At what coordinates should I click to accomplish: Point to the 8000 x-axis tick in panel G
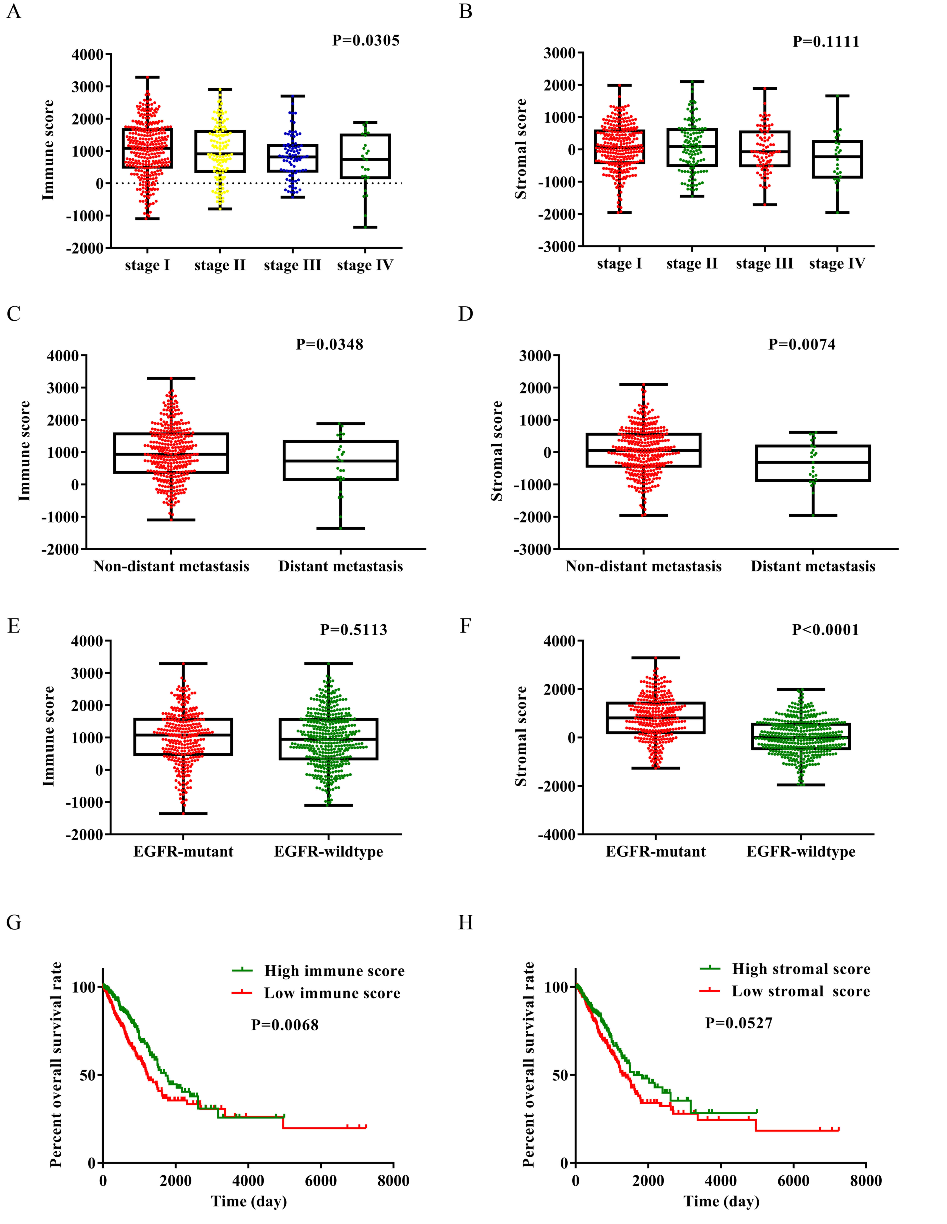[393, 1180]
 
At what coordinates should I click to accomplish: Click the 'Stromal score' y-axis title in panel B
[521, 149]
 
